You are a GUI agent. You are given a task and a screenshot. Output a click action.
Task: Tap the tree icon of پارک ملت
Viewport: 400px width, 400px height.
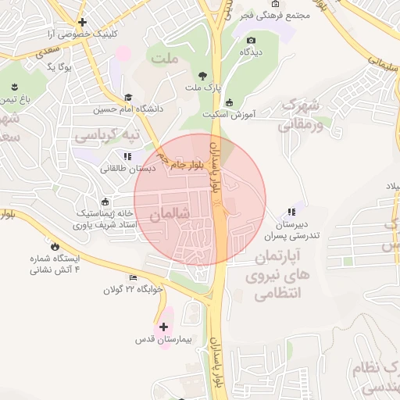coord(203,76)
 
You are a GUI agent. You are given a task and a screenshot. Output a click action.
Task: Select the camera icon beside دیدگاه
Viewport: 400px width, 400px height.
coord(251,40)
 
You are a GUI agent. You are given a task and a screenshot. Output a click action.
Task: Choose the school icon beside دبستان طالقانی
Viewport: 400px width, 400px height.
coord(127,156)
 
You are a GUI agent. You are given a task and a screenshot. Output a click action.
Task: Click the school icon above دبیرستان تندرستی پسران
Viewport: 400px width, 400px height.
coord(291,211)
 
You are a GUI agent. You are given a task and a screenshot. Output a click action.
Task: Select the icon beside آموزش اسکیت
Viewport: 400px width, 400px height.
coord(229,102)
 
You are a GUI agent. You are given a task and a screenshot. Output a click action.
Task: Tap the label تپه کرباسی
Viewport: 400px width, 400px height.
coord(107,135)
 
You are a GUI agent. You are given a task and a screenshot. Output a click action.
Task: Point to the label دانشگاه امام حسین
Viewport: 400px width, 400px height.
coord(128,109)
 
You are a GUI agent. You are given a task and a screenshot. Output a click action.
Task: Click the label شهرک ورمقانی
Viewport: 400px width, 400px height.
coord(298,112)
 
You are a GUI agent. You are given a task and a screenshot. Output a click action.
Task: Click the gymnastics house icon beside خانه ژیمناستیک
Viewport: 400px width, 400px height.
coord(104,199)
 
